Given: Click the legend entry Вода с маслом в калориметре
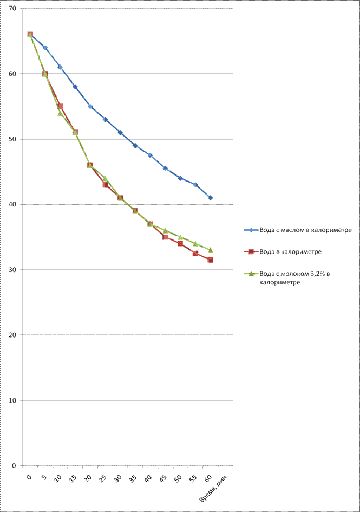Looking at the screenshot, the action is pyautogui.click(x=305, y=230).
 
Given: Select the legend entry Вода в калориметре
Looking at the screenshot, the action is pyautogui.click(x=291, y=252).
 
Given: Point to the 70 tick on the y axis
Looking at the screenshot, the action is pyautogui.click(x=12, y=9).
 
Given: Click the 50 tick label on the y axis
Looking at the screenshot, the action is pyautogui.click(x=12, y=139).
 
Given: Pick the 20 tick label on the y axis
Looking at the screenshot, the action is pyautogui.click(x=12, y=335).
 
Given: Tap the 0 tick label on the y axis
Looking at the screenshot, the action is pyautogui.click(x=14, y=465).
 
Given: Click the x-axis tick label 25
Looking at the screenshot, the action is pyautogui.click(x=103, y=479).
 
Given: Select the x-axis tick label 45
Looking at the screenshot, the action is pyautogui.click(x=163, y=479).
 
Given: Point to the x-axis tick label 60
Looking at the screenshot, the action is pyautogui.click(x=208, y=479).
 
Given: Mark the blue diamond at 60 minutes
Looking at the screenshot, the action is pyautogui.click(x=210, y=198).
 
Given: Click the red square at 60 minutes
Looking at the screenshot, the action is pyautogui.click(x=210, y=260).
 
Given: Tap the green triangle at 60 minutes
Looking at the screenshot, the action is pyautogui.click(x=210, y=250).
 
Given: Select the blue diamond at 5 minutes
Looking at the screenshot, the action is pyautogui.click(x=45, y=48).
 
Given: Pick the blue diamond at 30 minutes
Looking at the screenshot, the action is pyautogui.click(x=120, y=133).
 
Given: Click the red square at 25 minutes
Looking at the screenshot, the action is pyautogui.click(x=105, y=185).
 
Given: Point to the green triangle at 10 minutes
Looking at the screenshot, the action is pyautogui.click(x=60, y=113).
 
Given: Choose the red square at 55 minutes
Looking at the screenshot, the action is pyautogui.click(x=195, y=254).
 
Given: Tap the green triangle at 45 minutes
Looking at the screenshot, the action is pyautogui.click(x=165, y=230).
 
